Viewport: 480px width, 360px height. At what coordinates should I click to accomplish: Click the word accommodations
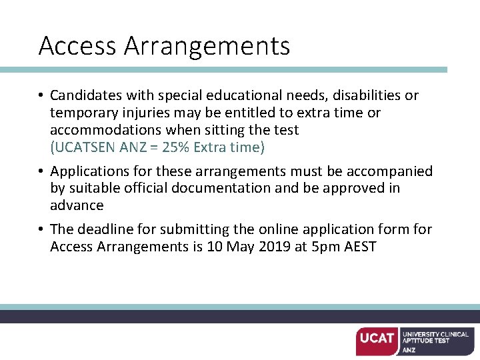(x=107, y=130)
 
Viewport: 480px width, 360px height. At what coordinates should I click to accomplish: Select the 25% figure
(x=175, y=147)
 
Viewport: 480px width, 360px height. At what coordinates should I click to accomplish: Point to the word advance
(x=77, y=205)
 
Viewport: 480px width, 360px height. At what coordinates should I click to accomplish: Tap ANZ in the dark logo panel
(x=409, y=349)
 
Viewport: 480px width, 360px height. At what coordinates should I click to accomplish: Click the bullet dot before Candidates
(x=41, y=96)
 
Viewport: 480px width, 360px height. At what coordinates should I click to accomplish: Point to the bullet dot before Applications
(x=41, y=172)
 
